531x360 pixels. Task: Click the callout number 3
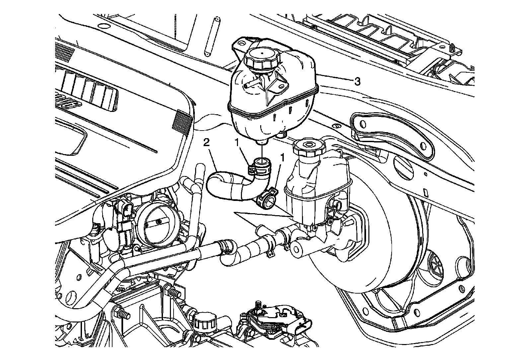tap(357, 81)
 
